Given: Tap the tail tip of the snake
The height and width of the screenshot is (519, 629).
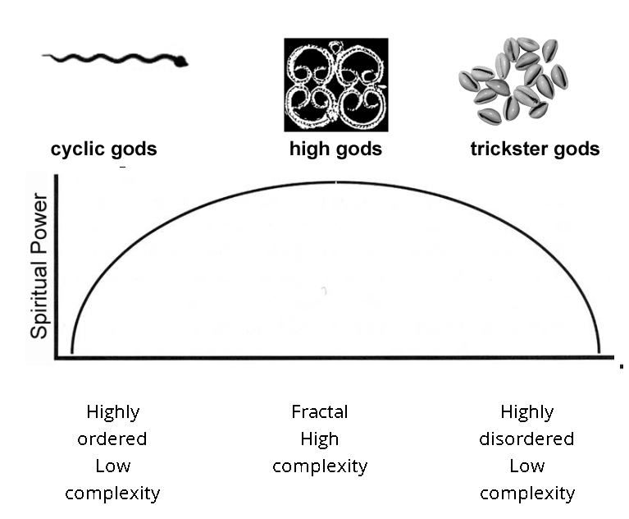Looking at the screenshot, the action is coord(43,56).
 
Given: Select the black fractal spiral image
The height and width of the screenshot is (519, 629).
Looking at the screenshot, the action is coord(336,85).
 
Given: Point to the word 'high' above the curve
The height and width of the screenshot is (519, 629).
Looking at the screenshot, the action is coord(310,149).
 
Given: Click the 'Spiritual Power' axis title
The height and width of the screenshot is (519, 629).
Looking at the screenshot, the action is coord(39,266).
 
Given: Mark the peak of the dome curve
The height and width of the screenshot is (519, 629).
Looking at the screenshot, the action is coord(336,183).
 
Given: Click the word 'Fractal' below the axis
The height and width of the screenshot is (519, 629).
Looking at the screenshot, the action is coord(320,411).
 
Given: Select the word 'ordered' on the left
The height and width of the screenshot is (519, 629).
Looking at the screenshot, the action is coord(112,439).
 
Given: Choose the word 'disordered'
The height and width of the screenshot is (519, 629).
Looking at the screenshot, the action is coord(526,439).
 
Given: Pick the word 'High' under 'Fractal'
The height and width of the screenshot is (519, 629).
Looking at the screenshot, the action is coord(320,439).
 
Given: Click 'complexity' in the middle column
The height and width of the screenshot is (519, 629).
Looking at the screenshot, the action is coord(320,466).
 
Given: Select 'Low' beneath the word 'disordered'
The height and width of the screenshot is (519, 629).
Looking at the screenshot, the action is coord(527,466).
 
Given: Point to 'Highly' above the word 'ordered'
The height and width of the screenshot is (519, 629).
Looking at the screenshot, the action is coord(113,412).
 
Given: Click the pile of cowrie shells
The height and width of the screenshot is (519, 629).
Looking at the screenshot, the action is coord(513,80).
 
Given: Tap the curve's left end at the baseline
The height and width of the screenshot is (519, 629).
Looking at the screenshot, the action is coord(72,352).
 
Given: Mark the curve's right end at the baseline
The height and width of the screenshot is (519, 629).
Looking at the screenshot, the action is coord(599,352).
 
